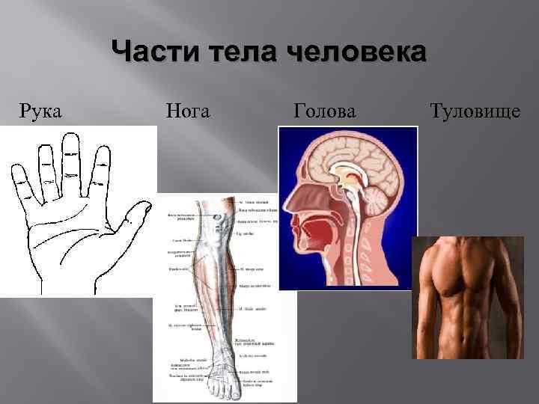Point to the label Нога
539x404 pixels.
click(x=186, y=112)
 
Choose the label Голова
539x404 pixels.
click(x=325, y=112)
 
